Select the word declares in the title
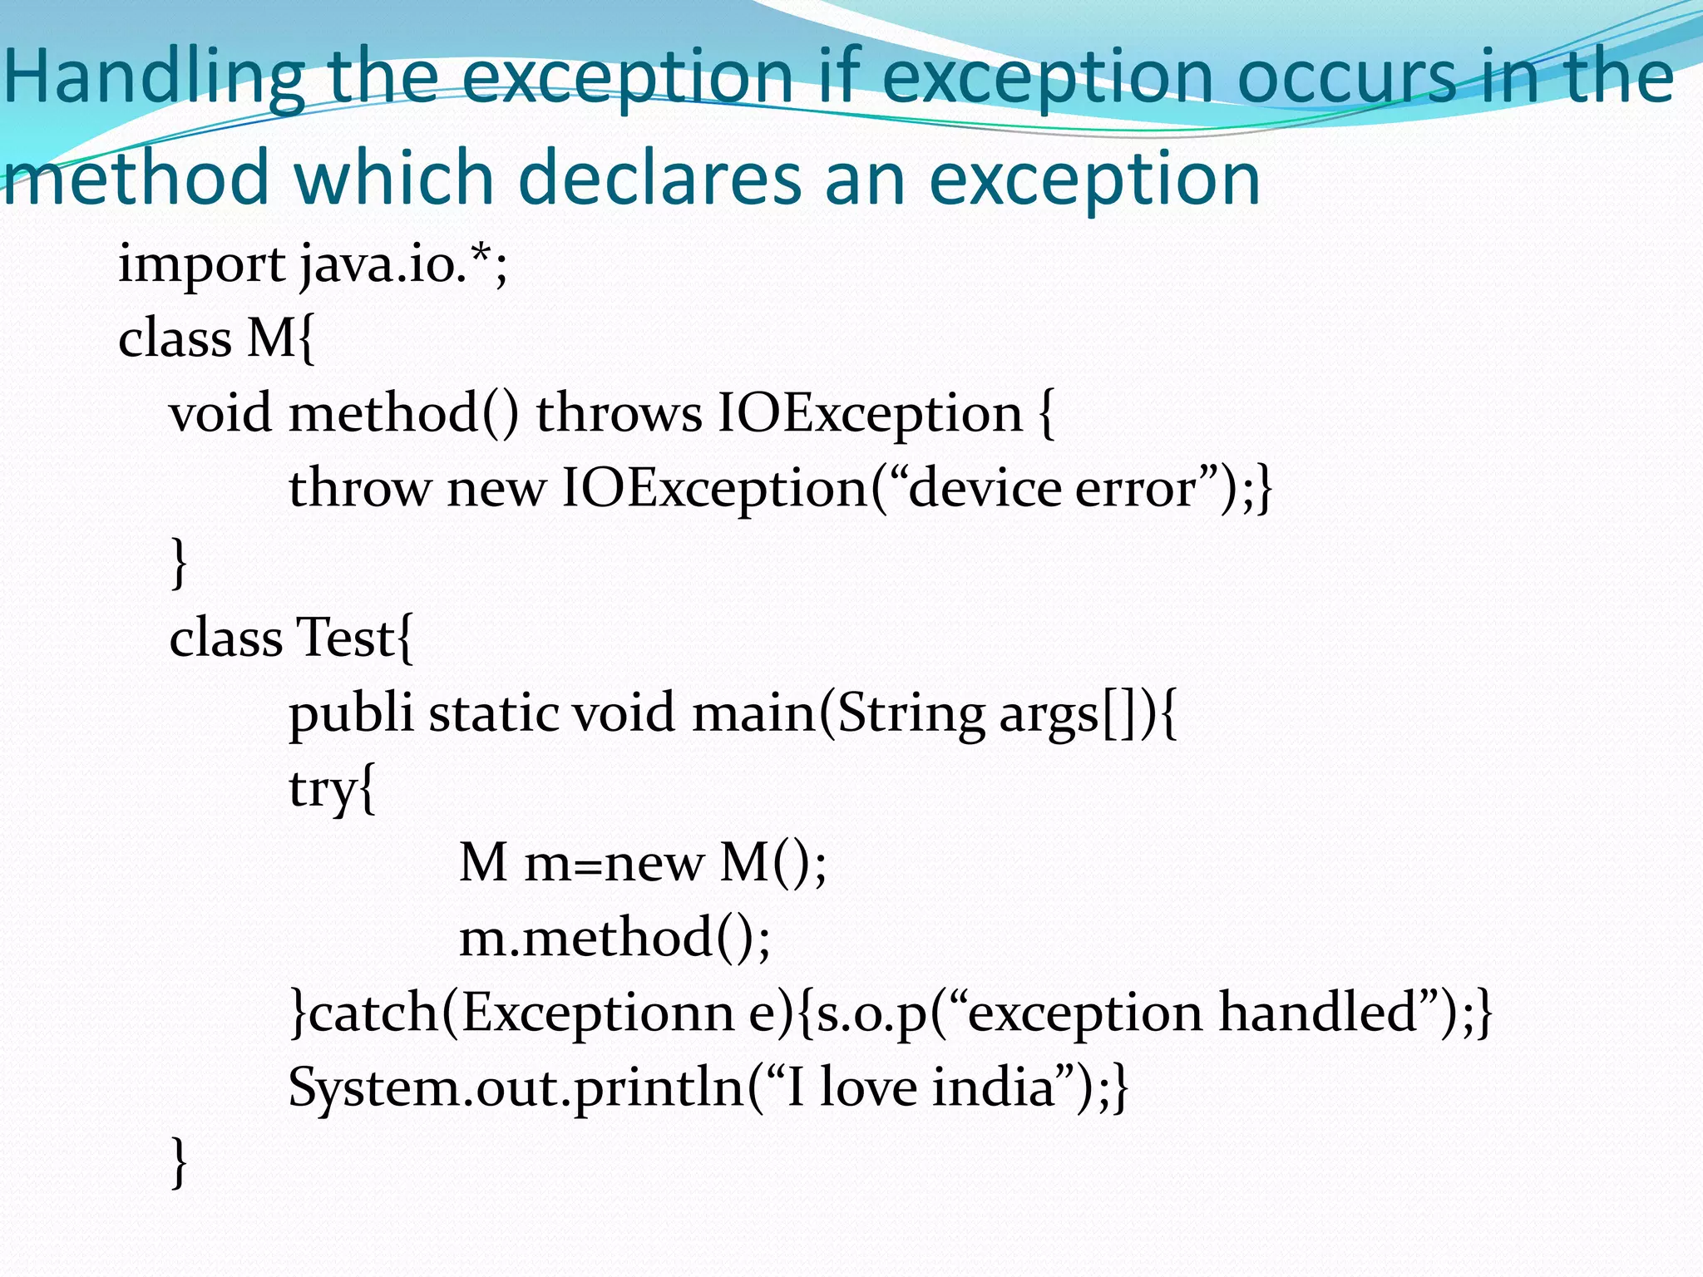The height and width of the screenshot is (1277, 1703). [661, 179]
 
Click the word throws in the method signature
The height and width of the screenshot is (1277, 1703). [619, 413]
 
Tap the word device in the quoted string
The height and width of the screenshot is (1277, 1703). [984, 488]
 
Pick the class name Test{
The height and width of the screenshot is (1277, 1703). [353, 638]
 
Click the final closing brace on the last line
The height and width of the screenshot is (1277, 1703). [178, 1162]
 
